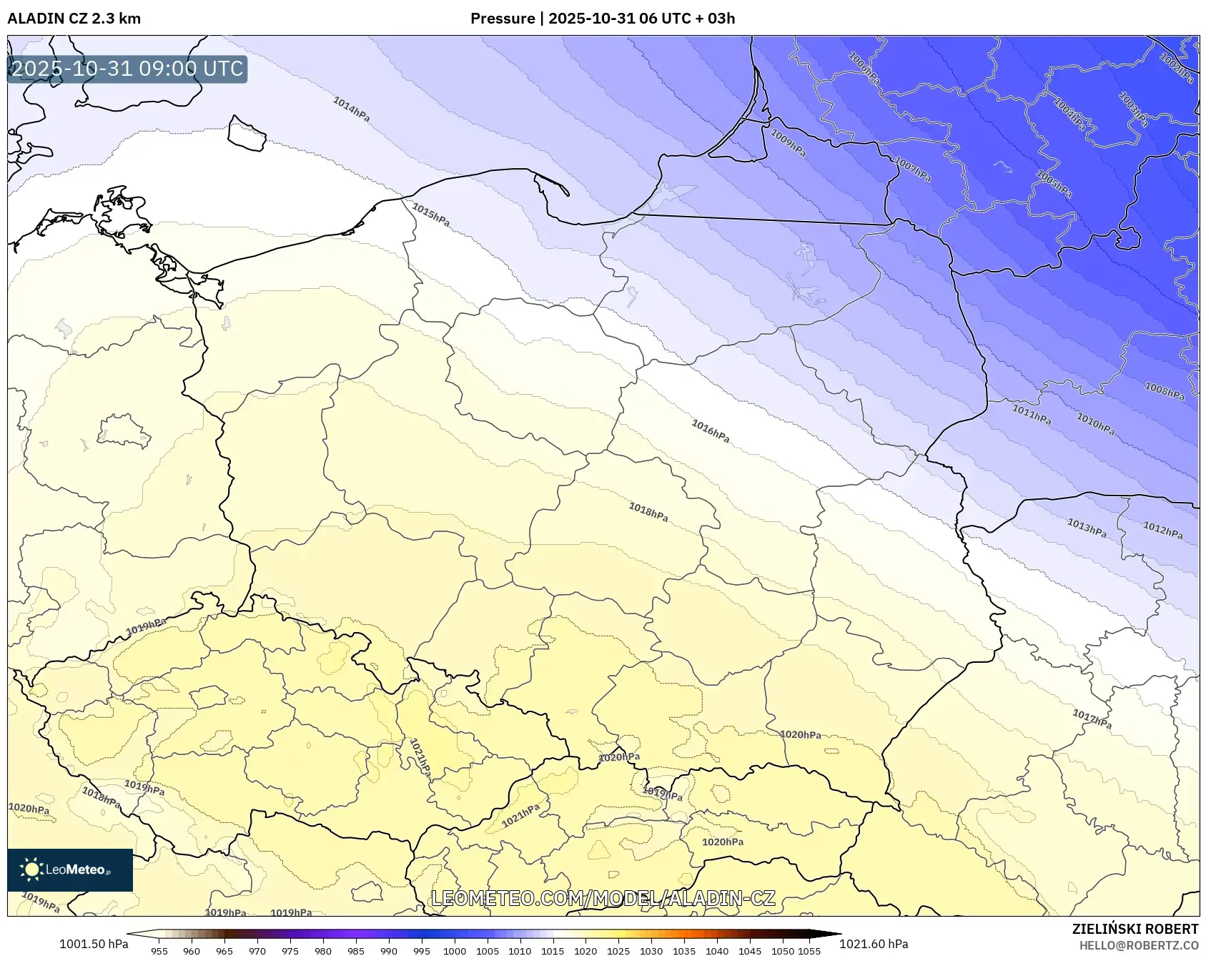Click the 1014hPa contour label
[x=351, y=109]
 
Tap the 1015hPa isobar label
[x=431, y=215]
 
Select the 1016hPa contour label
[x=710, y=431]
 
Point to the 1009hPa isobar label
[x=788, y=142]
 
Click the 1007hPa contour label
[x=913, y=169]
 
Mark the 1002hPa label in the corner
[x=1176, y=69]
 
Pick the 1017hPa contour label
[x=1092, y=719]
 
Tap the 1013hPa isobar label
[x=1087, y=528]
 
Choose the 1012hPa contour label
[x=1162, y=530]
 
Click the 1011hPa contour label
[x=1031, y=414]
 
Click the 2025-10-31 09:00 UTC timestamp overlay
[x=127, y=69]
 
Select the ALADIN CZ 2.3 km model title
[x=74, y=19]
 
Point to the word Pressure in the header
[x=503, y=19]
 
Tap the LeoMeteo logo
[x=70, y=869]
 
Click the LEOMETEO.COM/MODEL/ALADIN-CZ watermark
[x=603, y=898]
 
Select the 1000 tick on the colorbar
[x=455, y=951]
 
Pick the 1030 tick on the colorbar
[x=651, y=951]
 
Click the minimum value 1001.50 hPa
[x=94, y=944]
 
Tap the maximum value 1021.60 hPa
[x=874, y=944]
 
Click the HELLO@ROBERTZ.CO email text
[x=1139, y=945]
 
